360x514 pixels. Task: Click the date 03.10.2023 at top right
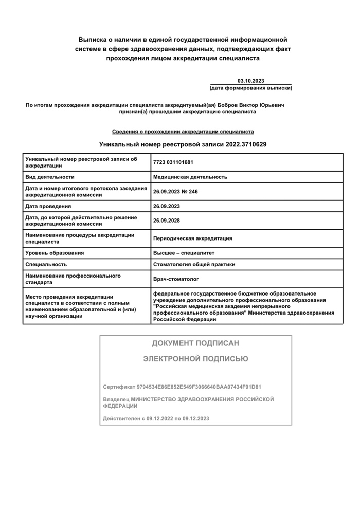(250, 81)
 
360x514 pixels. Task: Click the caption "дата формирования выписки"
(250, 88)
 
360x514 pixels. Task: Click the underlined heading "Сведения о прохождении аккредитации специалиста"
(183, 132)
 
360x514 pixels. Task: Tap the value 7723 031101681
(173, 162)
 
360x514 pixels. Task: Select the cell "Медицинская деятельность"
(190, 177)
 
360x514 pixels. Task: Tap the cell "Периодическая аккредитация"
(193, 238)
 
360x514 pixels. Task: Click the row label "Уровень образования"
(55, 253)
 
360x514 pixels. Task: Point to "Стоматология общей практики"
(194, 264)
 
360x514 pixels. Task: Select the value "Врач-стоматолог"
(176, 279)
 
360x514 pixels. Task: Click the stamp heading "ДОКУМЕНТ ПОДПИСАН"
(195, 343)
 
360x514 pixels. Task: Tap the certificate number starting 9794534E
(203, 386)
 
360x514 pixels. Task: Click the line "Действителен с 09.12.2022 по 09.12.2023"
(156, 418)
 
